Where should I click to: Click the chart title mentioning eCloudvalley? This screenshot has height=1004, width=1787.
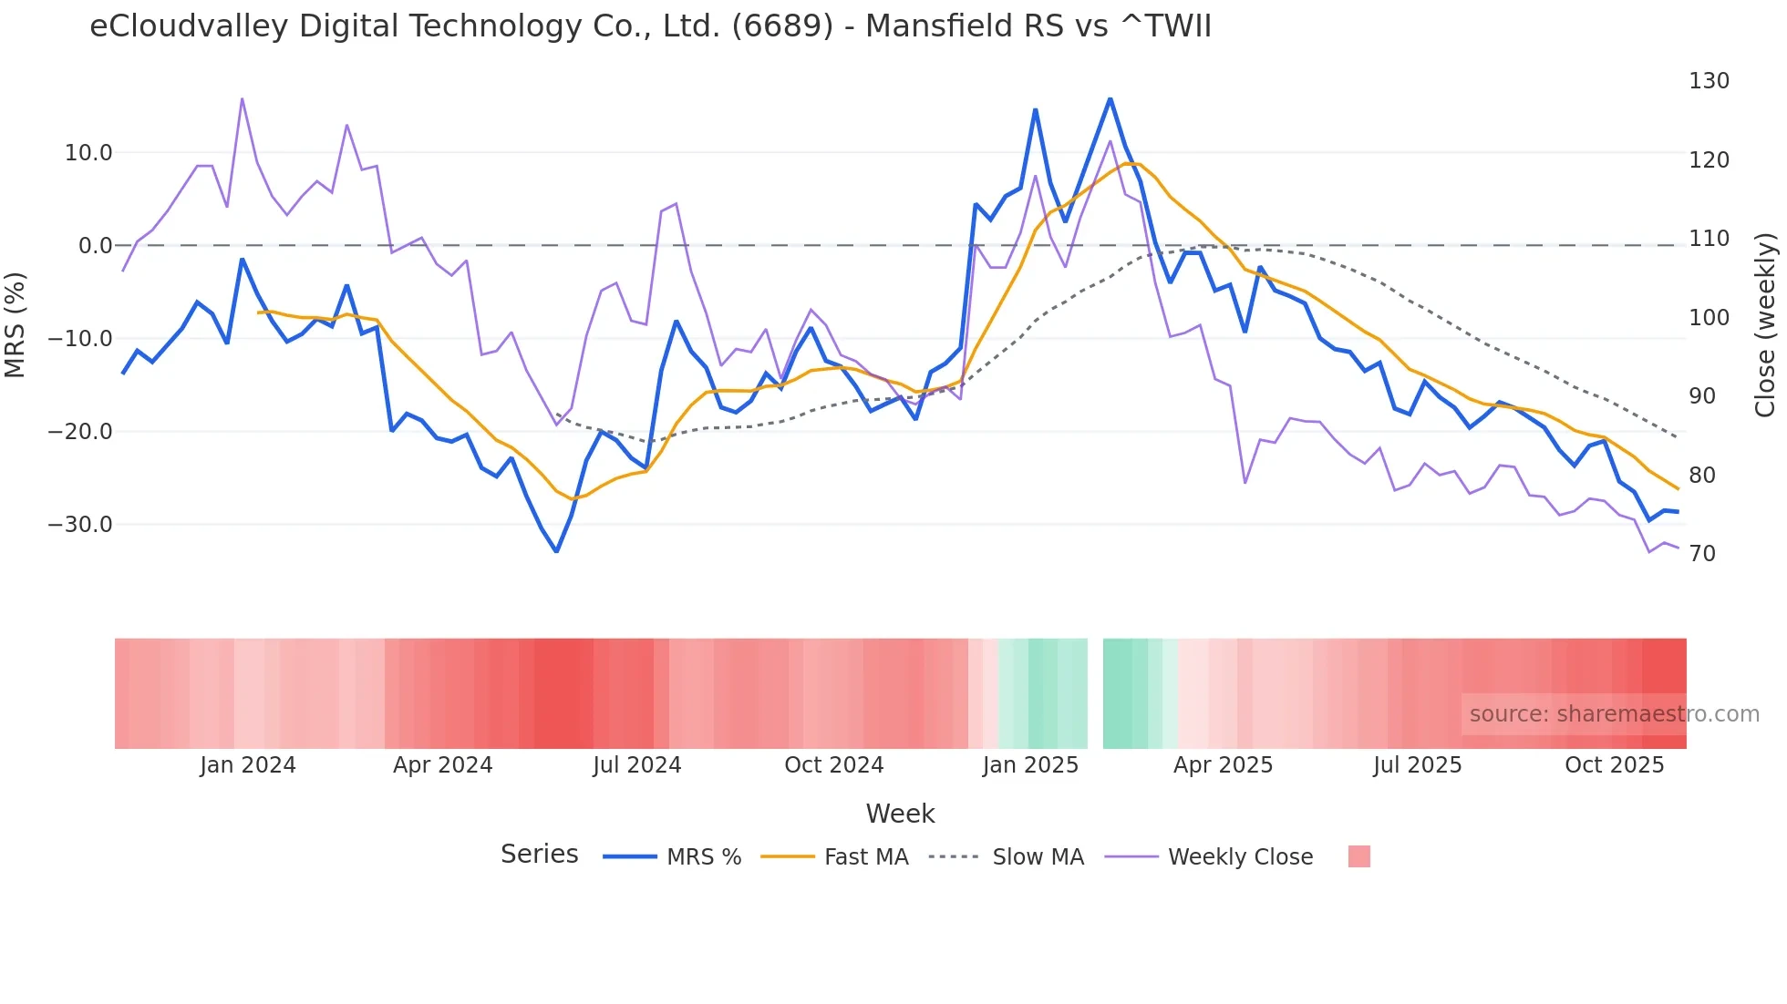click(x=650, y=26)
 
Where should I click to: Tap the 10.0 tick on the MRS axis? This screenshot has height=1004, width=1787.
click(x=88, y=153)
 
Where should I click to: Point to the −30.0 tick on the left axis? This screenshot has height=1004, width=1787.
click(x=80, y=525)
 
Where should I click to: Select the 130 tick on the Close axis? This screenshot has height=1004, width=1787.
click(x=1709, y=81)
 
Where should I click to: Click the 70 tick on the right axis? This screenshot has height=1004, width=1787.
click(x=1701, y=554)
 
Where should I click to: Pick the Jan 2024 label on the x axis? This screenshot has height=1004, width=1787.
click(x=248, y=765)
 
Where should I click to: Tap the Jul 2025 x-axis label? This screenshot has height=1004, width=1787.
click(x=1417, y=765)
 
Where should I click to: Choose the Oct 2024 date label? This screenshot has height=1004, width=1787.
click(x=833, y=765)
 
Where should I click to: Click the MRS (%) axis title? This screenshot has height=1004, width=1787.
click(x=15, y=324)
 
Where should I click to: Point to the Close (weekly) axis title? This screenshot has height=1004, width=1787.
click(x=1766, y=325)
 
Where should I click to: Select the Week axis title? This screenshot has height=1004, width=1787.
click(x=900, y=814)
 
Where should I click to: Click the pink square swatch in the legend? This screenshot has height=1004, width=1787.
click(x=1358, y=856)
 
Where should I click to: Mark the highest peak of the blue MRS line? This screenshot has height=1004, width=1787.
click(x=1110, y=98)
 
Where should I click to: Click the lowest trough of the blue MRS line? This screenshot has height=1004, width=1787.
click(x=556, y=551)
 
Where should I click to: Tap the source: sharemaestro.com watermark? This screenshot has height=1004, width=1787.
click(x=1614, y=714)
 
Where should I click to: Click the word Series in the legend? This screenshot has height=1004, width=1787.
click(x=539, y=855)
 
